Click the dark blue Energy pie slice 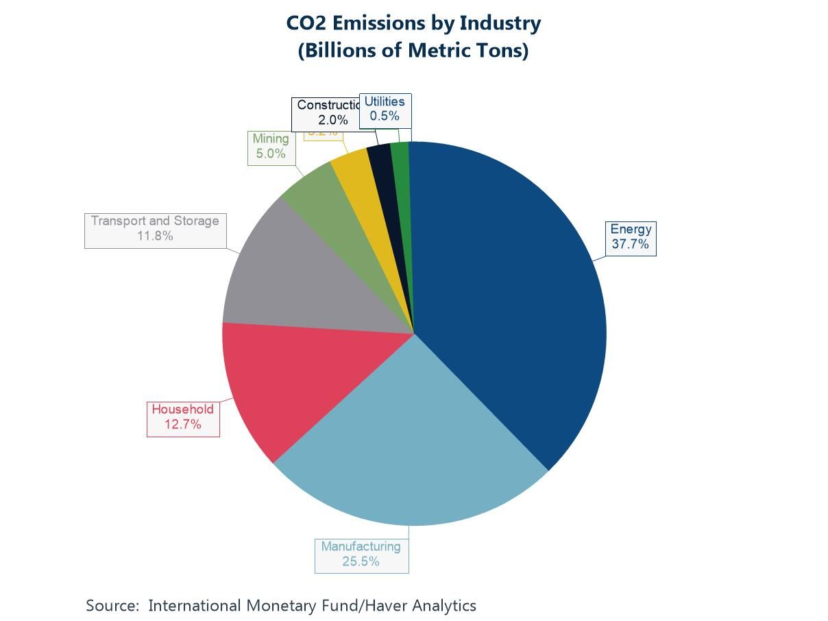[507, 288]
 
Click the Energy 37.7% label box [630, 237]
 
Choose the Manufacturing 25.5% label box [361, 555]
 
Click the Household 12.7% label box [183, 417]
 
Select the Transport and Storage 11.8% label [155, 228]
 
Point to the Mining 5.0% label [271, 146]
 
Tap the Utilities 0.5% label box [385, 109]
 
